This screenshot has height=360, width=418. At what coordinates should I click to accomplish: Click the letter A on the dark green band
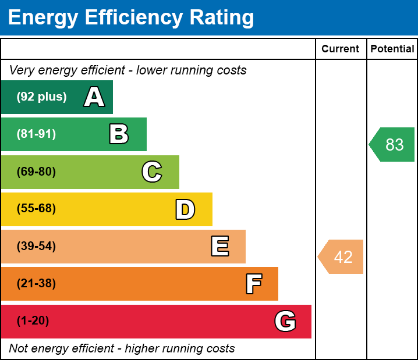pyautogui.click(x=94, y=97)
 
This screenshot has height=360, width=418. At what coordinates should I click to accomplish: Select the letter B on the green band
pyautogui.click(x=119, y=134)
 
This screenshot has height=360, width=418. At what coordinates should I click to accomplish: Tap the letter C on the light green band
pyautogui.click(x=151, y=172)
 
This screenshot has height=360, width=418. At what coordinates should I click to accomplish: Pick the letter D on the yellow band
pyautogui.click(x=185, y=209)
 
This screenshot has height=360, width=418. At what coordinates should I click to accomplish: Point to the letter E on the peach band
pyautogui.click(x=219, y=247)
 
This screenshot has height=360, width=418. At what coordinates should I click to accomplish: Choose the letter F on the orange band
pyautogui.click(x=253, y=284)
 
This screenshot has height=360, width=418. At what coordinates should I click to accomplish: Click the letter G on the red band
pyautogui.click(x=285, y=321)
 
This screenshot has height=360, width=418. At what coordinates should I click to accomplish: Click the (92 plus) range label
pyautogui.click(x=41, y=97)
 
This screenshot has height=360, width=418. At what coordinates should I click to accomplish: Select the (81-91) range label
pyautogui.click(x=36, y=134)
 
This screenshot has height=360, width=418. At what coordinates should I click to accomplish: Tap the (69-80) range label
pyautogui.click(x=36, y=172)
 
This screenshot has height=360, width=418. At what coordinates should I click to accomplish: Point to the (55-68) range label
pyautogui.click(x=36, y=209)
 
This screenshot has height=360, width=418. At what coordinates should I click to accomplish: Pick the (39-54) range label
pyautogui.click(x=36, y=247)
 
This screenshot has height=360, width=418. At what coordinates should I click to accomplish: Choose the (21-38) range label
pyautogui.click(x=36, y=284)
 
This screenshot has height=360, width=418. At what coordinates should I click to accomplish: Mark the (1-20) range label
pyautogui.click(x=33, y=321)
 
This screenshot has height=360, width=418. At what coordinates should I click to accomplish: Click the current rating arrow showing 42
pyautogui.click(x=342, y=256)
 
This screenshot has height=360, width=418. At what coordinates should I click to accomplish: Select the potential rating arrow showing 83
pyautogui.click(x=393, y=144)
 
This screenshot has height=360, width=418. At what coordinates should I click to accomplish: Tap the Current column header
pyautogui.click(x=341, y=49)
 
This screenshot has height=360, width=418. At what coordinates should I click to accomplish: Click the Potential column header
pyautogui.click(x=392, y=49)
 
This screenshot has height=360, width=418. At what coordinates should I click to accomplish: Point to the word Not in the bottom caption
pyautogui.click(x=19, y=349)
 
